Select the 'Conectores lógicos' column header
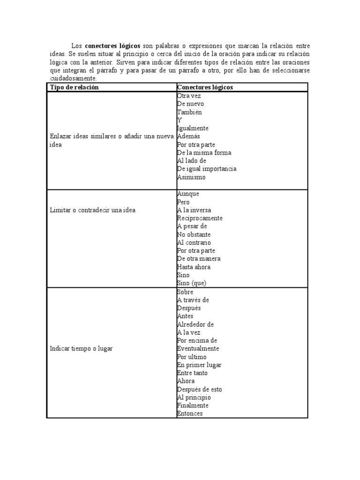(x=205, y=88)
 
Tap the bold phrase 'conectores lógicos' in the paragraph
(x=112, y=45)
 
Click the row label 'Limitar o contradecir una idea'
(x=92, y=210)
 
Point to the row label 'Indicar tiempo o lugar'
(x=81, y=348)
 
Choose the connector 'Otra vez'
(x=189, y=96)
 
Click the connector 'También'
(x=189, y=112)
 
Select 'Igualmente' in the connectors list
(x=193, y=128)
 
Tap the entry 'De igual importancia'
(x=206, y=169)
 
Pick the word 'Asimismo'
(x=191, y=177)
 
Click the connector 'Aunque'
(x=188, y=194)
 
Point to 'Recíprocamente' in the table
(x=200, y=218)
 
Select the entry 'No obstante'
(x=194, y=234)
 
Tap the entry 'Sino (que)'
(x=191, y=283)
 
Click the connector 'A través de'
(x=193, y=300)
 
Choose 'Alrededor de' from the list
(x=195, y=324)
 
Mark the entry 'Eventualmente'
(x=198, y=348)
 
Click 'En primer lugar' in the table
(x=199, y=365)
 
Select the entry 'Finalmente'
(x=193, y=405)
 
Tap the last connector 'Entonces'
(x=190, y=413)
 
